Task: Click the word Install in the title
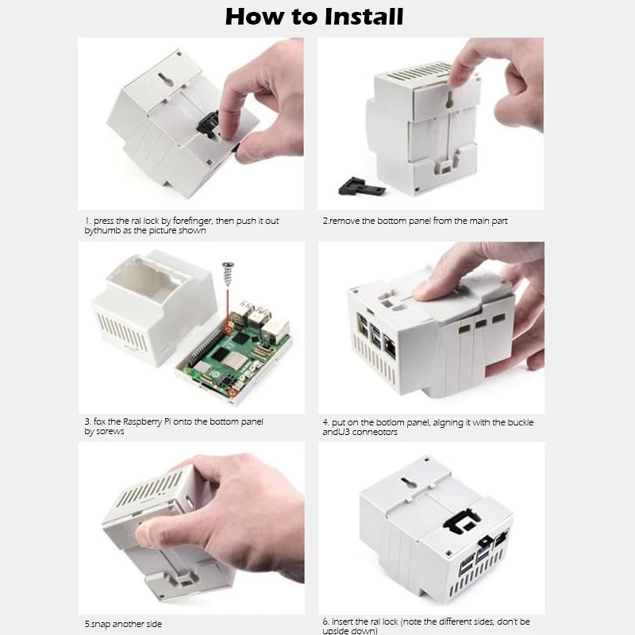click(x=364, y=17)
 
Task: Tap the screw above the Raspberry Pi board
click(x=228, y=273)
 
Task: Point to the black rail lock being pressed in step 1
click(x=209, y=124)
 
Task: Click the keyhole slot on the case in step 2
click(x=449, y=100)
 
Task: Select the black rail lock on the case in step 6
click(x=463, y=520)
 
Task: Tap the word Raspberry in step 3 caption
click(x=142, y=422)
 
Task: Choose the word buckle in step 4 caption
click(x=521, y=422)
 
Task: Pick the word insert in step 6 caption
click(x=343, y=622)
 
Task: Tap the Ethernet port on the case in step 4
click(x=389, y=345)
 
